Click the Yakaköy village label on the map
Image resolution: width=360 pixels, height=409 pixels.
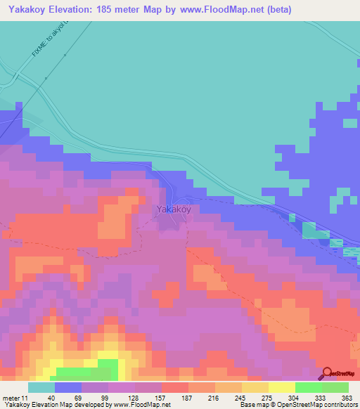(x=173, y=209)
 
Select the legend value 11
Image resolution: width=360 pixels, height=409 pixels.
(x=25, y=398)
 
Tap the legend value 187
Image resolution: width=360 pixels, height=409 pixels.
(x=188, y=398)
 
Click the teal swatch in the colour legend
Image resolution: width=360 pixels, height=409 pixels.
(x=41, y=387)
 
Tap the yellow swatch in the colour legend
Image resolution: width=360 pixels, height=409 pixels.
(x=281, y=387)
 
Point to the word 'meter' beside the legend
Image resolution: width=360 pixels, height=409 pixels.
(x=11, y=398)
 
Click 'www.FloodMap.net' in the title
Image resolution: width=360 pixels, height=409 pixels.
(x=214, y=10)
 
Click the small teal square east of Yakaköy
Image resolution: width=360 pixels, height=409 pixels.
(x=309, y=229)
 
